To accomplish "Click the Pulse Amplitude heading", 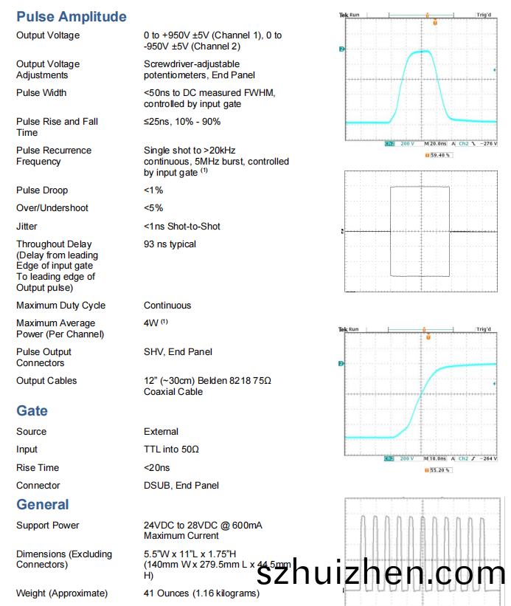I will coord(72,16).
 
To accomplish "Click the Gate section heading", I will coord(32,411).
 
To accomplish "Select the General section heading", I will coord(43,505).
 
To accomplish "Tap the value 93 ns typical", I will coord(170,244).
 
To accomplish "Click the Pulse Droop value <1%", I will coord(153,190).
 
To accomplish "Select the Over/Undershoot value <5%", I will coord(153,208).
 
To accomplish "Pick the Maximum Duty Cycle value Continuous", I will coord(167,306).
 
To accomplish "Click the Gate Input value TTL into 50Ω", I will coord(171,450).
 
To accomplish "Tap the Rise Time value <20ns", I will coord(156,468).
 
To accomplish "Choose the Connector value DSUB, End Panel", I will coord(181,486).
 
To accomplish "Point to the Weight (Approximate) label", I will coord(62,593).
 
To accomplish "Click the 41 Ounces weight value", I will coord(201,593).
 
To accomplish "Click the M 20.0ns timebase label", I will coord(436,144).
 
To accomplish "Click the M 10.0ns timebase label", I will coord(436,458).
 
